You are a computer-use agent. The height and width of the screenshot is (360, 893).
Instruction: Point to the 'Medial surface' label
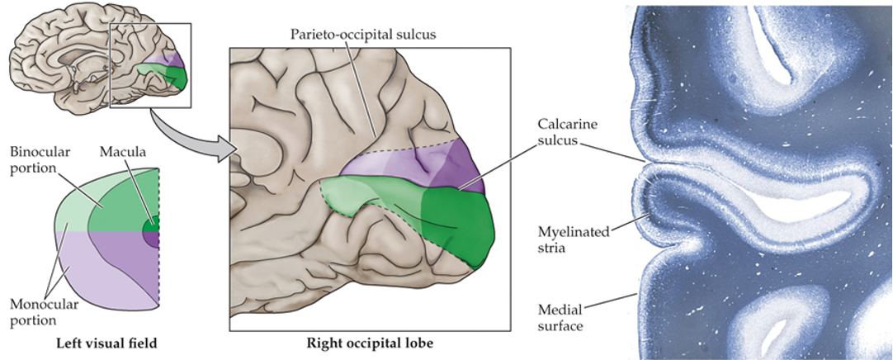click(x=561, y=317)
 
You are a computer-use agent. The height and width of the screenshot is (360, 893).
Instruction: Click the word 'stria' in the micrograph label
click(x=555, y=247)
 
